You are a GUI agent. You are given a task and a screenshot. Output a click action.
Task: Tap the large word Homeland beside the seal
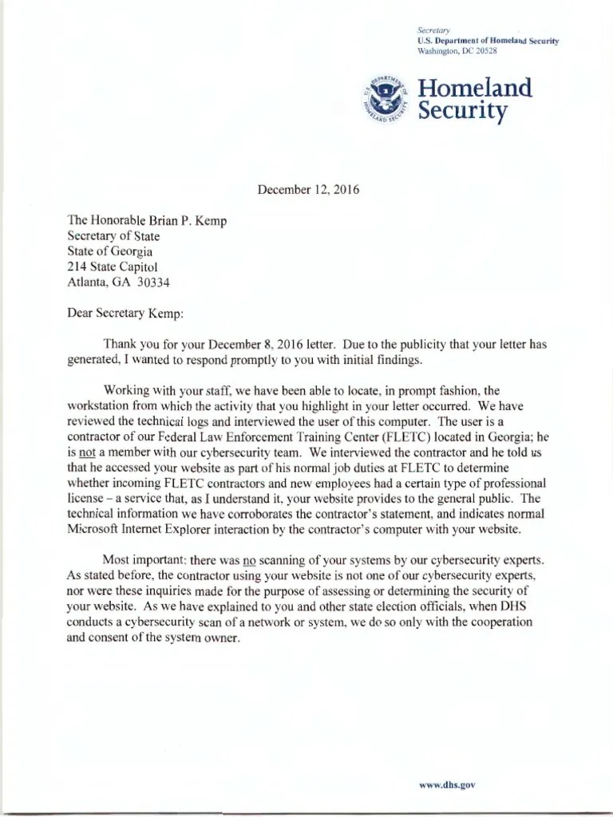point(475,87)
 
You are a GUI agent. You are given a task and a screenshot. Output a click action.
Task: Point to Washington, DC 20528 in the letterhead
point(457,50)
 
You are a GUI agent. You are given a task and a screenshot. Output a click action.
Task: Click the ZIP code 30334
point(153,282)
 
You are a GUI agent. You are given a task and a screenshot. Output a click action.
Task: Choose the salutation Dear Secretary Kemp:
point(125,314)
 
